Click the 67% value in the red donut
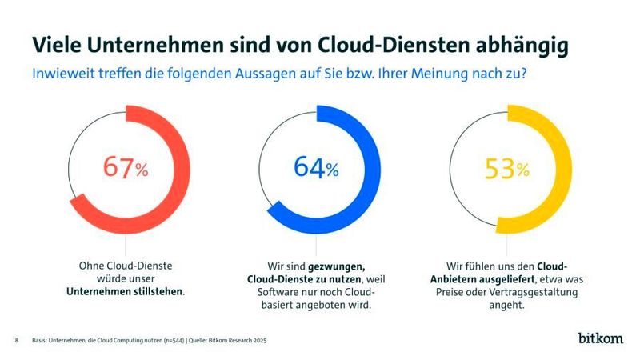pyautogui.click(x=126, y=169)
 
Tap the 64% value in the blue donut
pyautogui.click(x=316, y=168)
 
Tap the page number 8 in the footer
pyautogui.click(x=17, y=341)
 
